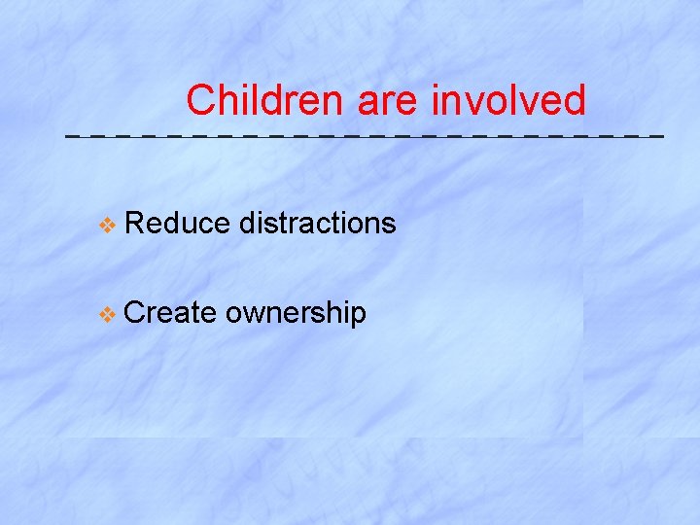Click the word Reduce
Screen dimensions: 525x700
178,224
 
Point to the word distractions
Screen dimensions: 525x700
318,224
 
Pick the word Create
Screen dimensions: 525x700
170,312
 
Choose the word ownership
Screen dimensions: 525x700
296,313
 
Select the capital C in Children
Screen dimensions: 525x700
200,100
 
